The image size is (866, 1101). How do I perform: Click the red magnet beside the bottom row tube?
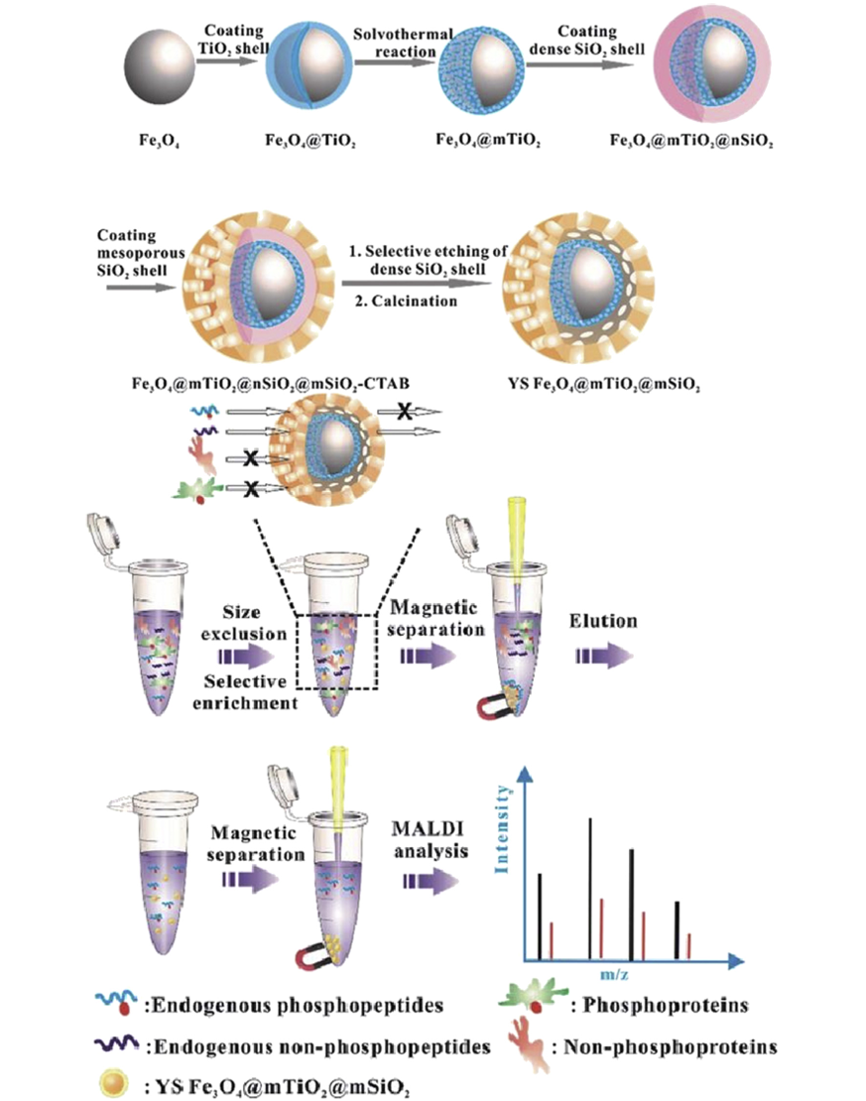tap(319, 956)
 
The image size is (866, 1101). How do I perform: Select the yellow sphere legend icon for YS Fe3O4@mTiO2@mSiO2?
tap(109, 1083)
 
